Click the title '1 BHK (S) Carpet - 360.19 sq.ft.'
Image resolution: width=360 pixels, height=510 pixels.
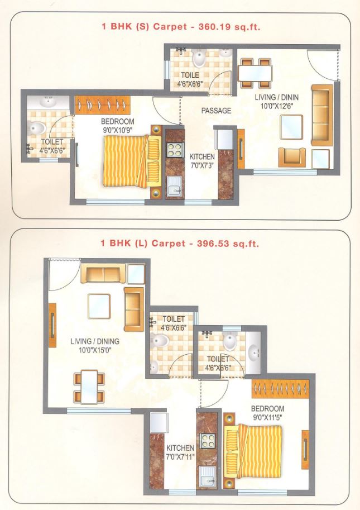click(180, 26)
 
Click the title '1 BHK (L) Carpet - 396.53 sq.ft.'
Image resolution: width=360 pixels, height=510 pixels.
click(180, 244)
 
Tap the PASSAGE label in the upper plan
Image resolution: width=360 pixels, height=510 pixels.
click(216, 111)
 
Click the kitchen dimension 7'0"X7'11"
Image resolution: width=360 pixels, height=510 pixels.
click(180, 456)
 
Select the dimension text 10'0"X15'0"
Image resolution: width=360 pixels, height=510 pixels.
click(95, 350)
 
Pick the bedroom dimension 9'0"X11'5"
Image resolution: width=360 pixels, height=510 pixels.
click(267, 416)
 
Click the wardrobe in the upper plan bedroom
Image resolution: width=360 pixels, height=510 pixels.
click(103, 103)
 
